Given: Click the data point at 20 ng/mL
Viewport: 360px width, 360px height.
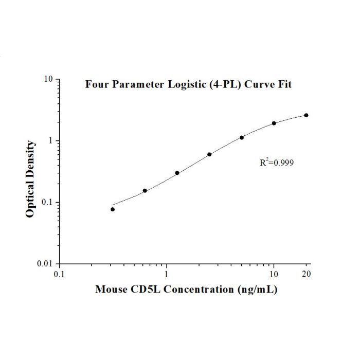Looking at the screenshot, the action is pyautogui.click(x=306, y=115).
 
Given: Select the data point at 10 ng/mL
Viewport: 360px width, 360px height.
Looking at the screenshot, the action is pyautogui.click(x=274, y=123).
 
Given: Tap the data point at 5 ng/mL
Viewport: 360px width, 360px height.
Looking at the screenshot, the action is pyautogui.click(x=242, y=137).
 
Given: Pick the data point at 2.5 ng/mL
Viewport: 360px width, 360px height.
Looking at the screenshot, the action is pyautogui.click(x=209, y=154).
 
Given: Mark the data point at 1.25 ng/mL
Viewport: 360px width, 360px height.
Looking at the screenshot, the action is pyautogui.click(x=177, y=173).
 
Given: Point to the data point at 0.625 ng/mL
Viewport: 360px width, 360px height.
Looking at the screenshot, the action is pyautogui.click(x=145, y=191).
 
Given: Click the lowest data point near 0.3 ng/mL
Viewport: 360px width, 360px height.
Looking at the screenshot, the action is pyautogui.click(x=113, y=209).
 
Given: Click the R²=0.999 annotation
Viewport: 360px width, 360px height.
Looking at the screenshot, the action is pyautogui.click(x=277, y=162).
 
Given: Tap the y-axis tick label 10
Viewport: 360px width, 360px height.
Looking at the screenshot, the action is pyautogui.click(x=48, y=79).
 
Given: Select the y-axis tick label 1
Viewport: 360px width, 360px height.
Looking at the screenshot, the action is pyautogui.click(x=51, y=141).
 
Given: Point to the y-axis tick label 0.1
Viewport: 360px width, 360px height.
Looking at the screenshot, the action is pyautogui.click(x=47, y=202).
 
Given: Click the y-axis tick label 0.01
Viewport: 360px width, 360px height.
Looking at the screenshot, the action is pyautogui.click(x=45, y=263).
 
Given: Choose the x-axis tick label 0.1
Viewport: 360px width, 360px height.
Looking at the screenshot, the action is pyautogui.click(x=59, y=274).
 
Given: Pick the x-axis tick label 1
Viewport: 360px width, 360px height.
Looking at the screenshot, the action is pyautogui.click(x=166, y=274).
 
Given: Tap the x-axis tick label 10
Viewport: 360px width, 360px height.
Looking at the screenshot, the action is pyautogui.click(x=274, y=274).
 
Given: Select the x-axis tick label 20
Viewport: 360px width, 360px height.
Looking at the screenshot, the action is pyautogui.click(x=307, y=274).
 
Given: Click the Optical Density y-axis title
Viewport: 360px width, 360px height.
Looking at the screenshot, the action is pyautogui.click(x=30, y=179).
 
